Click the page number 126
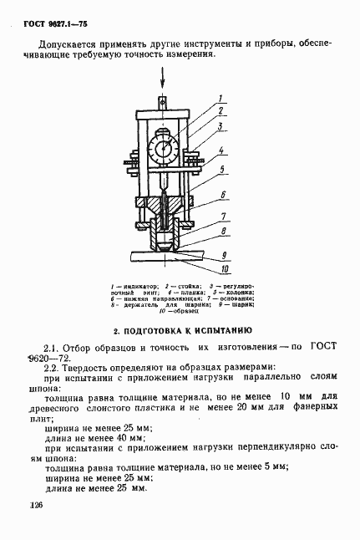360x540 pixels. tap(36, 506)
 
